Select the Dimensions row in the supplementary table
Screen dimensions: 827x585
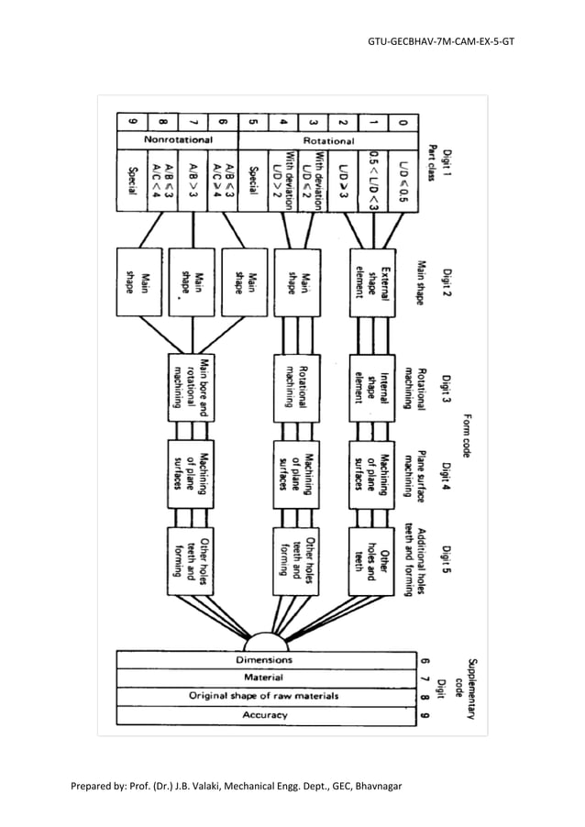(264, 659)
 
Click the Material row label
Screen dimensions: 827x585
(264, 678)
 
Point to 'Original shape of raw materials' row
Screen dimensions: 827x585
(264, 696)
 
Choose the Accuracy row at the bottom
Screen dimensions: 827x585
(264, 714)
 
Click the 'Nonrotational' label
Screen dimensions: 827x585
(179, 140)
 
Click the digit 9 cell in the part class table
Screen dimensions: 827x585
(132, 121)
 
